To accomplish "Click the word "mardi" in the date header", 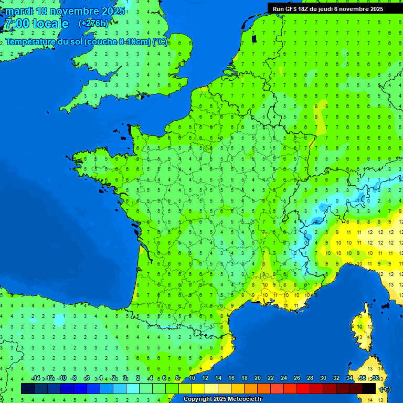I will (19, 11).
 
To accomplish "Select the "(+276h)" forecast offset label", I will (93, 24).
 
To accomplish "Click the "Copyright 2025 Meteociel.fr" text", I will (222, 399).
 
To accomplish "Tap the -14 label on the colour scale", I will (36, 378).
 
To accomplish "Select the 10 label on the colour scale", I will (192, 378).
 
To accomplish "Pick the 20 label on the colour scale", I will (257, 378).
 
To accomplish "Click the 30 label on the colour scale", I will (323, 378).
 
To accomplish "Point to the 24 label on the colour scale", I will (283, 378).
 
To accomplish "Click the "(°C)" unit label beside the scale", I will (385, 389).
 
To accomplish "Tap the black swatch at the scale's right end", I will (369, 388).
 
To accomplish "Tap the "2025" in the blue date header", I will (112, 11).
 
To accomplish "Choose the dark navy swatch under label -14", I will (28, 388).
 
